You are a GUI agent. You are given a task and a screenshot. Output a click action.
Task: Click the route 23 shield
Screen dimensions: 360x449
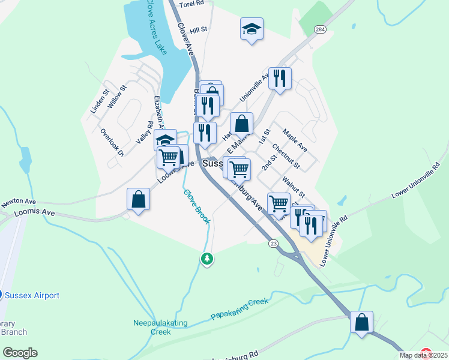pos(274,242)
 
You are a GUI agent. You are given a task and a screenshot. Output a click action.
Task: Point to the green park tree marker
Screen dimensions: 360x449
pos(207,259)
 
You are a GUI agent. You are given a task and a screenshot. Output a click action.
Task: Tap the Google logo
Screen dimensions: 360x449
pos(20,353)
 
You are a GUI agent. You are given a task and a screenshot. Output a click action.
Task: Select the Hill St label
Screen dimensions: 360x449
pos(198,29)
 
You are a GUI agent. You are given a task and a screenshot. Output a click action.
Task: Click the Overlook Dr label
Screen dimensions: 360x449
pos(112,142)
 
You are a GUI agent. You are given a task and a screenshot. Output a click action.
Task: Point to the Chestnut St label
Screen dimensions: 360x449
pos(286,155)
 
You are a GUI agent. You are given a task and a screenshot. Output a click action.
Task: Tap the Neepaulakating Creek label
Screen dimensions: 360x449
pos(160,327)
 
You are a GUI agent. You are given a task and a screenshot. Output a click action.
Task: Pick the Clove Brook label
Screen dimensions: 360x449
pos(197,207)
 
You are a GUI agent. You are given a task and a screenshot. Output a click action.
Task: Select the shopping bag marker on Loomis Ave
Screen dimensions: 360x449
pos(139,199)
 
